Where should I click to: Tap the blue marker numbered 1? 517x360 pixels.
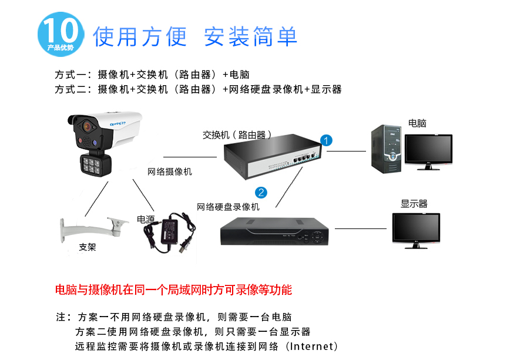coord(327,140)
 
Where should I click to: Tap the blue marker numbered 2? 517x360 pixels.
coord(261,192)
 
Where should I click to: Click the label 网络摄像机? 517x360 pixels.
coord(169,172)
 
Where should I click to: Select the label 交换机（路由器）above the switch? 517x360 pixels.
coord(237,134)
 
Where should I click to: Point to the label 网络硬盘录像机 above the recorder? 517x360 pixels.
coord(228,207)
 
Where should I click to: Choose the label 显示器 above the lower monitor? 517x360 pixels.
coord(414,204)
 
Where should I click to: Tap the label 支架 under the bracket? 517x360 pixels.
coord(88,247)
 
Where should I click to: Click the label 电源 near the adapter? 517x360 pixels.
coord(146,219)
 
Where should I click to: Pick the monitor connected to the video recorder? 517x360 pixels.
coord(416,230)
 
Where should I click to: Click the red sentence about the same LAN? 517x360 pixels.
coord(173,290)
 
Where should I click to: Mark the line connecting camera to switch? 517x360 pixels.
coord(190,157)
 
